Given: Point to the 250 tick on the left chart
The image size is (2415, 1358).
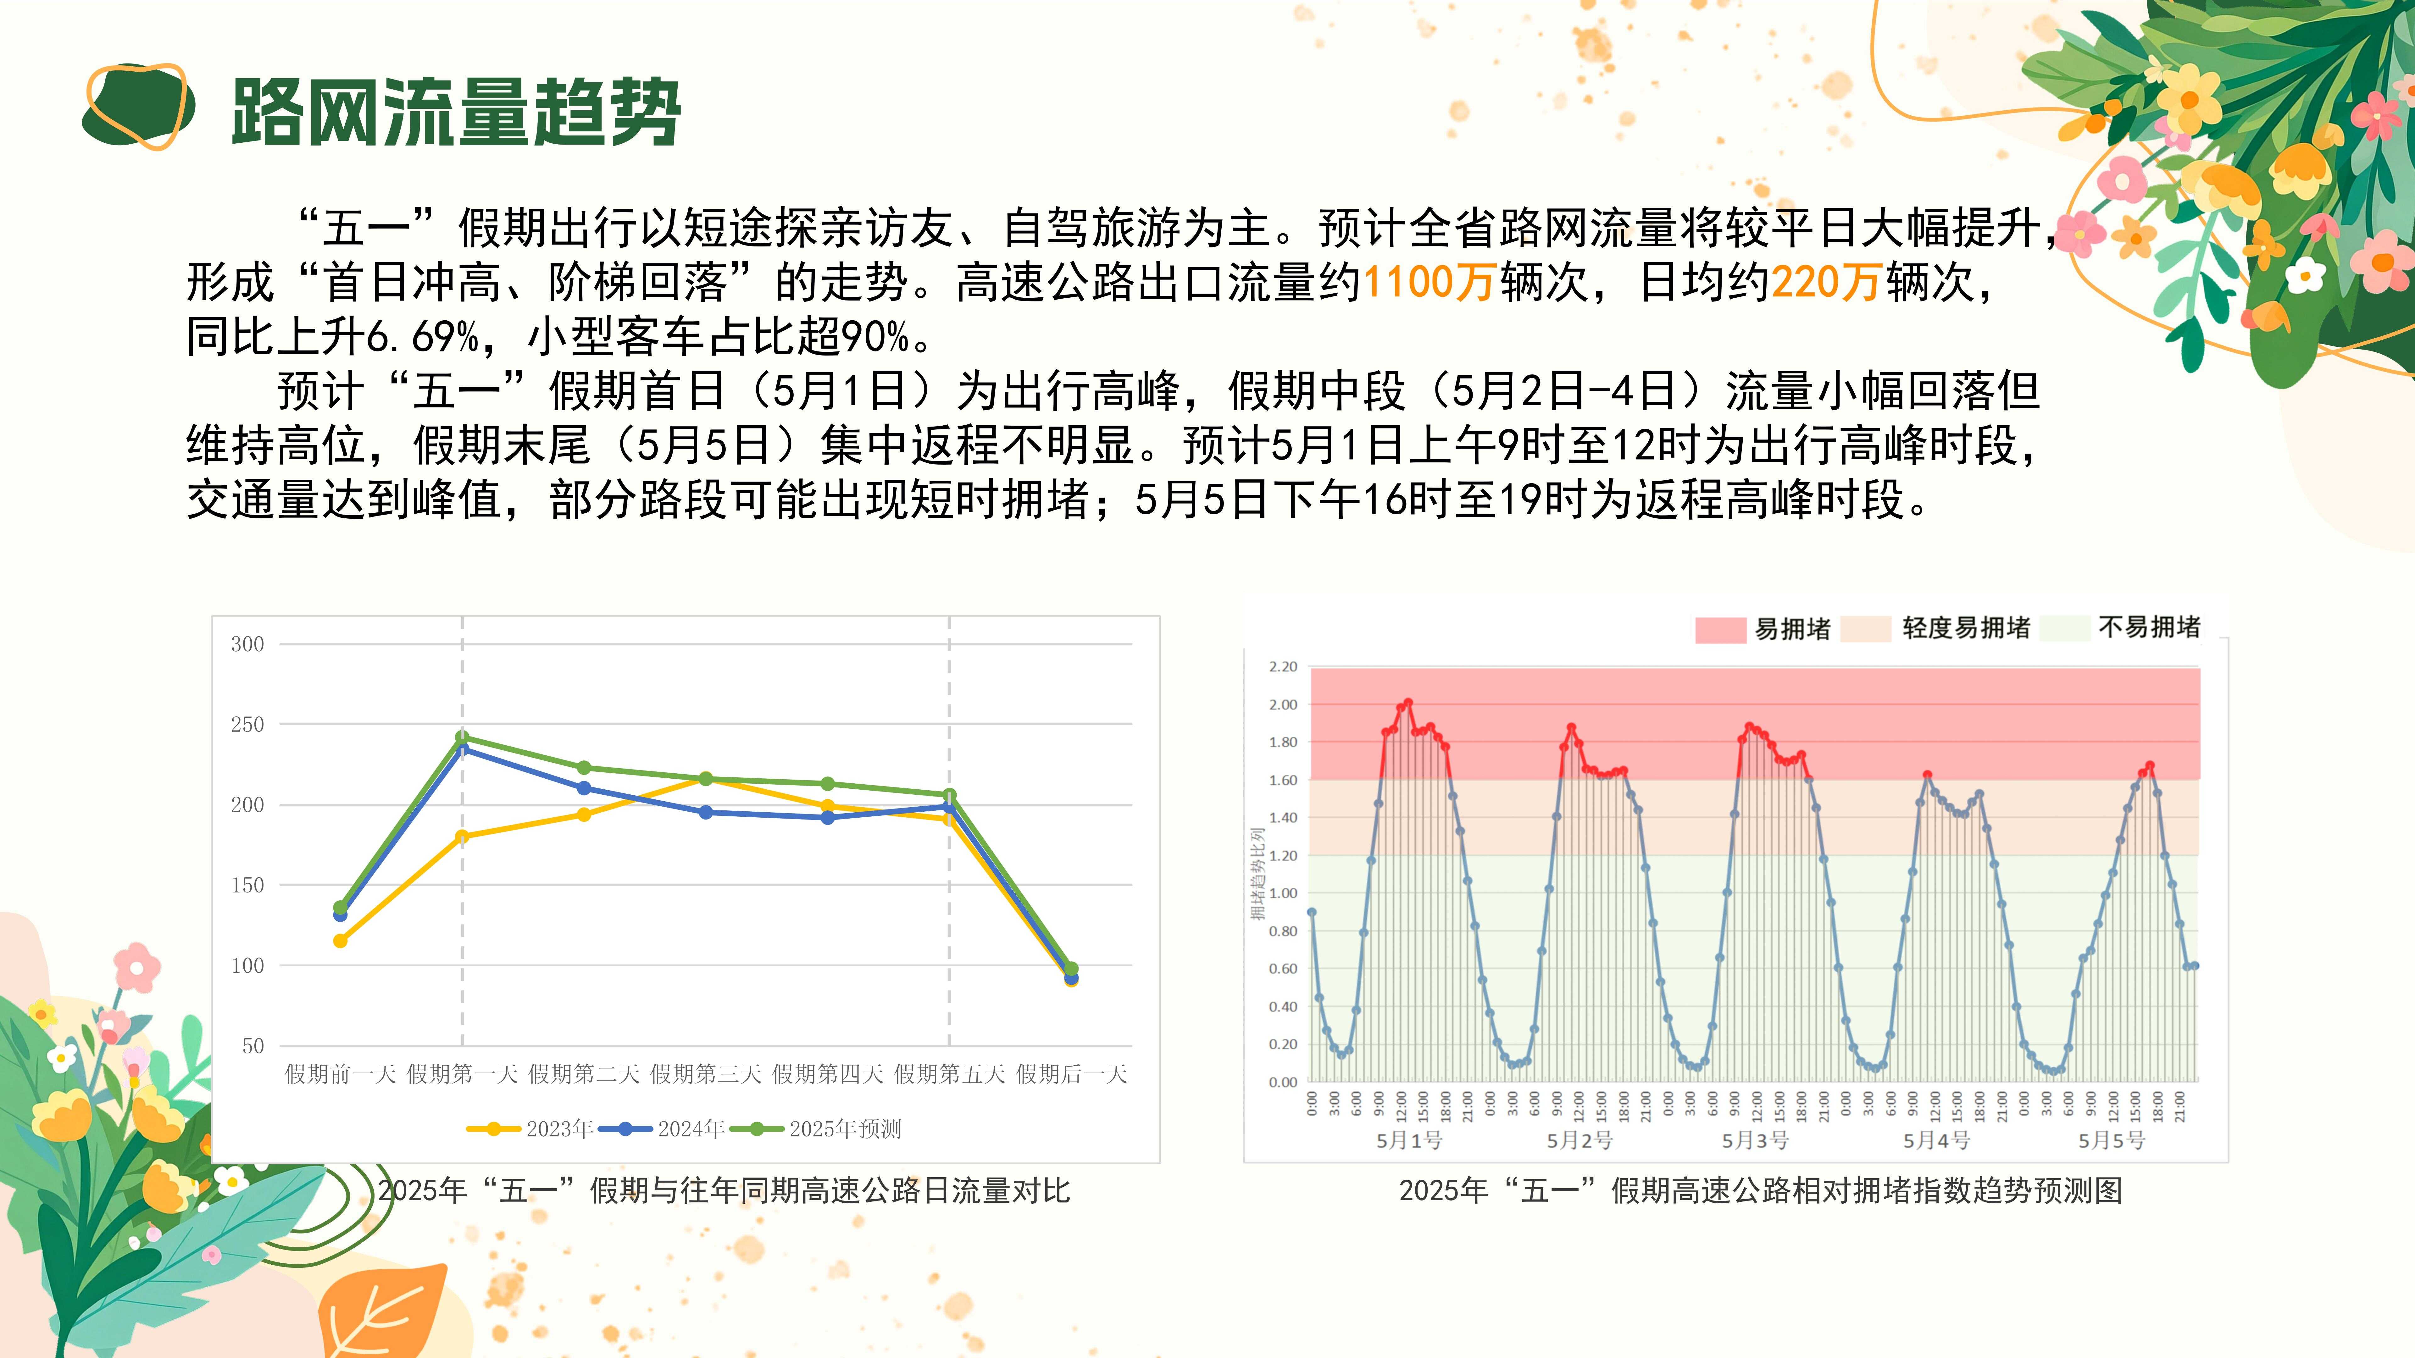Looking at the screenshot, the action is click(x=247, y=725).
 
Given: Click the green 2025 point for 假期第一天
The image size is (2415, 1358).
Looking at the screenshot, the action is click(x=462, y=737).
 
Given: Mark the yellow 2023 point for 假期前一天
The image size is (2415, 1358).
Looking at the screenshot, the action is click(x=340, y=941).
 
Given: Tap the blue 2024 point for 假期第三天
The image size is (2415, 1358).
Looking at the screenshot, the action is click(x=706, y=813).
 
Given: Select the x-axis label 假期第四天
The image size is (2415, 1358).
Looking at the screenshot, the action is click(x=828, y=1074).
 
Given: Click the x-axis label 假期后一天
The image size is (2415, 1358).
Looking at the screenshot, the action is click(x=1072, y=1074).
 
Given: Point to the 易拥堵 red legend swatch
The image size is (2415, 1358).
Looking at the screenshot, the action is click(x=1720, y=629).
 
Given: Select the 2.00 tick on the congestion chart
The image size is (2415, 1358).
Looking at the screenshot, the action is click(x=1283, y=705).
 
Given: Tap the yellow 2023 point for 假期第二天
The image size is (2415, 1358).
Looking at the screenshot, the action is click(x=584, y=814).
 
